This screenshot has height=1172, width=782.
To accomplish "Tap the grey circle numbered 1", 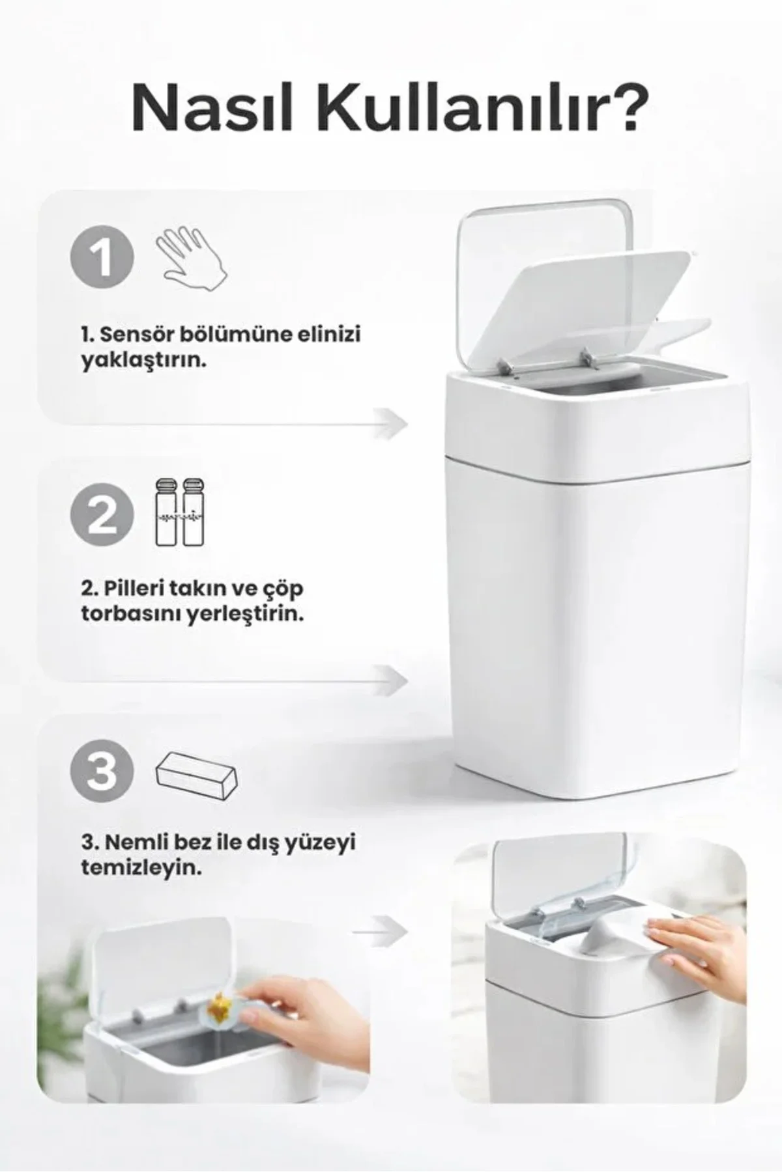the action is (102, 257).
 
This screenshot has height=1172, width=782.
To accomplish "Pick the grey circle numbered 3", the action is (102, 772).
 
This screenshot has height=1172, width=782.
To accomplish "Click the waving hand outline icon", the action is (191, 257).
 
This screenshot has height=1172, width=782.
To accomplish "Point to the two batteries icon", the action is (179, 513).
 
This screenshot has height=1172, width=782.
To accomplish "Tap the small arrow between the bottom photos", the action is (381, 932).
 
